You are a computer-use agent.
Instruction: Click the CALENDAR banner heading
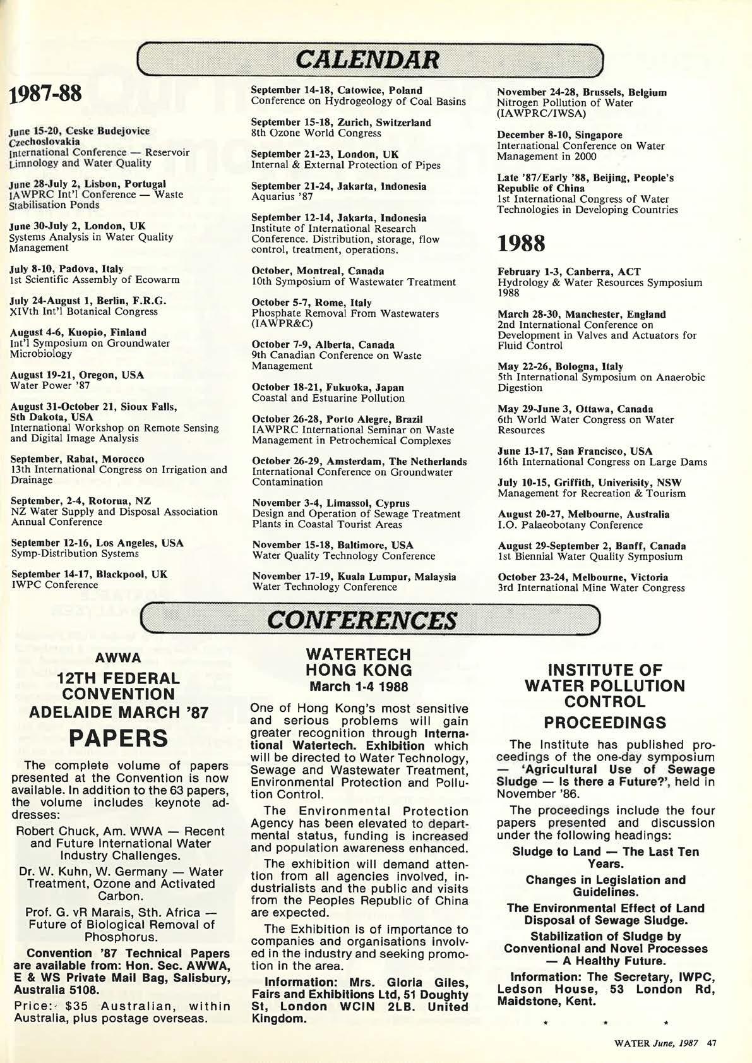coord(369,59)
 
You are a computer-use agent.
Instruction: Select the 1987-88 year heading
coord(45,94)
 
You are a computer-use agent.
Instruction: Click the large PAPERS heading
coord(119,738)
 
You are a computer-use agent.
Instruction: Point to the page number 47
coord(712,1043)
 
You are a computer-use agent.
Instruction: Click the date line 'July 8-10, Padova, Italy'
coord(67,269)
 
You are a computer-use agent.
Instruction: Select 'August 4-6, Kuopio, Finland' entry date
coord(78,332)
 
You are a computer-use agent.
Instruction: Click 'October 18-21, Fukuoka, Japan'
coord(328,387)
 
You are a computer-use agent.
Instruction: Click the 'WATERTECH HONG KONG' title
coord(358,662)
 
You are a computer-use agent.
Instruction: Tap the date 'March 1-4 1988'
coord(358,687)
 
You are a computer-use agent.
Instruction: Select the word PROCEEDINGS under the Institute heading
coord(605,723)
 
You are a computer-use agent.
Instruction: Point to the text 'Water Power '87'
coord(50,385)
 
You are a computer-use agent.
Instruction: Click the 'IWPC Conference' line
coord(54,585)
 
